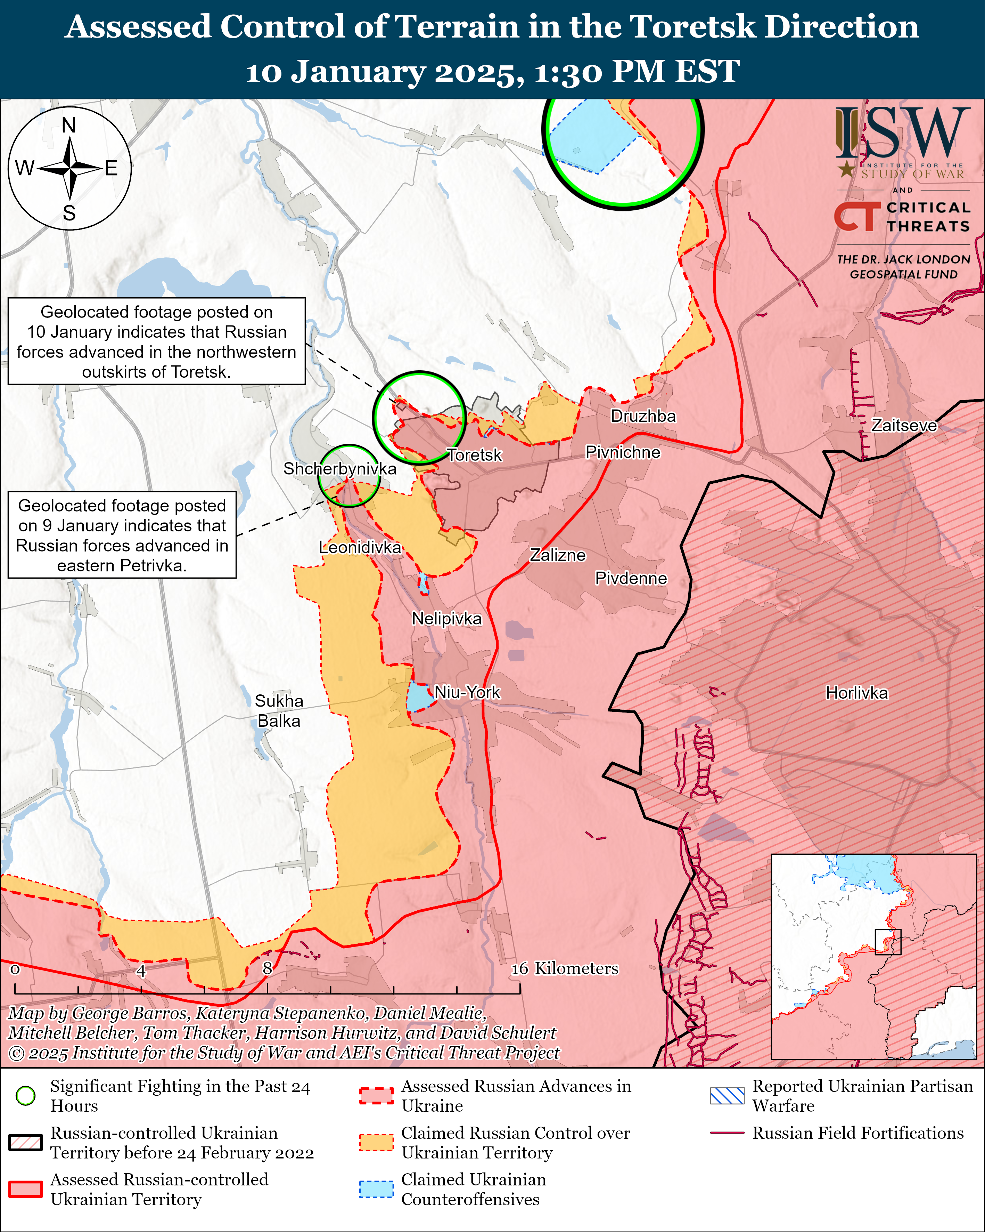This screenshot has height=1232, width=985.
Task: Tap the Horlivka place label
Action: pyautogui.click(x=856, y=693)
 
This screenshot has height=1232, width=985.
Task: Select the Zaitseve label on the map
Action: pyautogui.click(x=904, y=425)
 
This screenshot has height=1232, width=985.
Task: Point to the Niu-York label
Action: pyautogui.click(x=467, y=693)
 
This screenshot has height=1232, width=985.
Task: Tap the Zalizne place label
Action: pyautogui.click(x=558, y=555)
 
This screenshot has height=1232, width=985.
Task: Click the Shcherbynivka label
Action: pyautogui.click(x=340, y=469)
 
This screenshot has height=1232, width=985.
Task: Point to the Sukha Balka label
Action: pyautogui.click(x=279, y=711)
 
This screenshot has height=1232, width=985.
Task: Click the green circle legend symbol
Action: pyautogui.click(x=26, y=1096)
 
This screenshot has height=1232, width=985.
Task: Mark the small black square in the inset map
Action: pyautogui.click(x=888, y=942)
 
